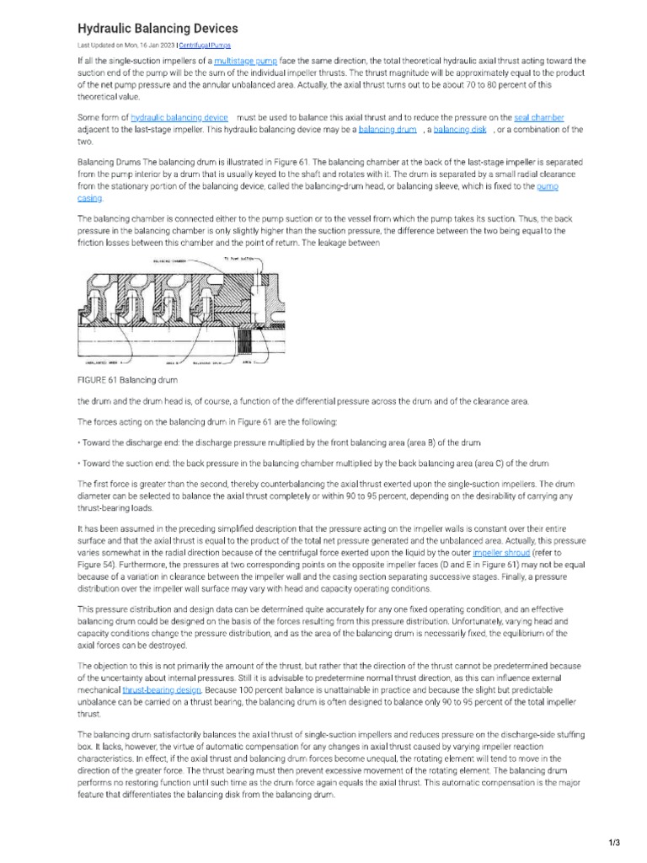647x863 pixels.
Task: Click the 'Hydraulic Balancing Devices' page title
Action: [x=158, y=29]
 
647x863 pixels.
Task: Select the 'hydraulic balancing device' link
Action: [x=179, y=117]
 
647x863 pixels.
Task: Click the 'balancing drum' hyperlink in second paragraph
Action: [x=388, y=130]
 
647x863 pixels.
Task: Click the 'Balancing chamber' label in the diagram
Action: [x=169, y=262]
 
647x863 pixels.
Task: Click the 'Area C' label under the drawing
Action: [x=247, y=363]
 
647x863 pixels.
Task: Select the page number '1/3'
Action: [x=613, y=842]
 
